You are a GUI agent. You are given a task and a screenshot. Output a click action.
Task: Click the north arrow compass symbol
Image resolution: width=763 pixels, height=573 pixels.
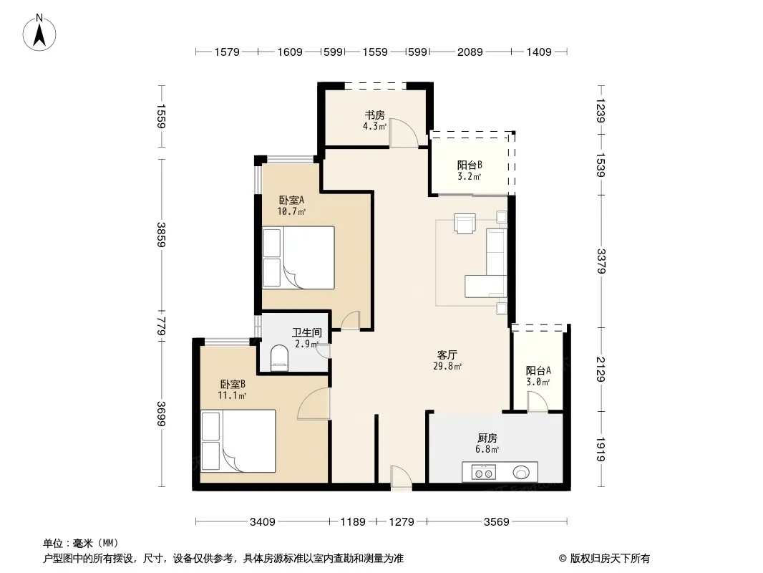39,33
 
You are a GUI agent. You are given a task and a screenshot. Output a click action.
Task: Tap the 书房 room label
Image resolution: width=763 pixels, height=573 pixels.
374,115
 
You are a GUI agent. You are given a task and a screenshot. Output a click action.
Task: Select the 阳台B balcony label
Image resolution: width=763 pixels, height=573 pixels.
470,165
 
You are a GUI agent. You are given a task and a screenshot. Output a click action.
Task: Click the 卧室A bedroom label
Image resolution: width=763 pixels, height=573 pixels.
291,200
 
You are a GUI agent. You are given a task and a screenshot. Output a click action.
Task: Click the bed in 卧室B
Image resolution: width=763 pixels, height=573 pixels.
238,441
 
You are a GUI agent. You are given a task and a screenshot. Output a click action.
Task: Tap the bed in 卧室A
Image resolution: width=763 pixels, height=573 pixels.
298,258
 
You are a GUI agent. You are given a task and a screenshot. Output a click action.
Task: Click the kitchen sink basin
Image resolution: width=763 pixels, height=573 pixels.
521,472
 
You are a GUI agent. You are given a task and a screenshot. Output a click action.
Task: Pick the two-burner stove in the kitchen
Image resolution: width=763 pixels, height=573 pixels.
483,472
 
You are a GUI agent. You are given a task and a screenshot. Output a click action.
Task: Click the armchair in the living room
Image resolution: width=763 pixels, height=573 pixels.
465,223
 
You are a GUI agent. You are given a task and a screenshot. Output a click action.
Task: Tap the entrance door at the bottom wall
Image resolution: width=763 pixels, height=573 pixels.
401,478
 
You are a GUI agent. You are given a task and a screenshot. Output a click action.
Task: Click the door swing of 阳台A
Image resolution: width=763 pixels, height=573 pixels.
538,402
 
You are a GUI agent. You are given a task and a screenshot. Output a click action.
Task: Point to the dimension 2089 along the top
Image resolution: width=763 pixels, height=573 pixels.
470,52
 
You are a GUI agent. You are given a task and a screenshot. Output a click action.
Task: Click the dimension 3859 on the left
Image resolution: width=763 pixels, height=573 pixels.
161,235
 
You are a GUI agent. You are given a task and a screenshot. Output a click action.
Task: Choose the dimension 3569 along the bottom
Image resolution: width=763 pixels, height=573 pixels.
496,522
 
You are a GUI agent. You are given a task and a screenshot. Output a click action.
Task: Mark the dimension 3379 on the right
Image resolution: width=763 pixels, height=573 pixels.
601,261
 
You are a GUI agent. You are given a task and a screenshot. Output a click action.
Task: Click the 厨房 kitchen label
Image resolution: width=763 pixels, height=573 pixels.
487,438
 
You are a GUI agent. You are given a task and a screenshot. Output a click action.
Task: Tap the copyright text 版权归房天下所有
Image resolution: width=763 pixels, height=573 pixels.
610,559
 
